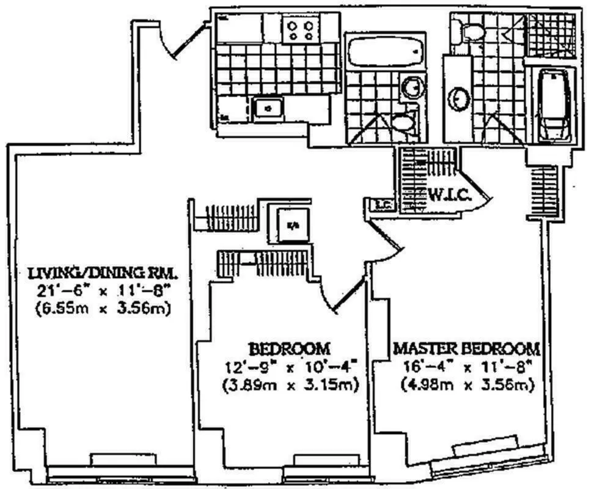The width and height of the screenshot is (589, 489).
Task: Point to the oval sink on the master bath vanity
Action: pyautogui.click(x=459, y=98)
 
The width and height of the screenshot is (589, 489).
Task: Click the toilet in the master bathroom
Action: pyautogui.click(x=471, y=29)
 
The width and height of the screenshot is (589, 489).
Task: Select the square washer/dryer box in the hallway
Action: pyautogui.click(x=293, y=224)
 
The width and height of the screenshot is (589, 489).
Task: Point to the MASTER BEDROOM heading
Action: pyautogui.click(x=467, y=349)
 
